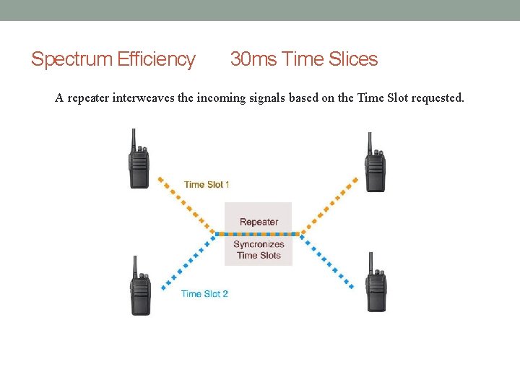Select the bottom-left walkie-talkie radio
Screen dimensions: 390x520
(141, 292)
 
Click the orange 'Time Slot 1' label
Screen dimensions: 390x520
(207, 185)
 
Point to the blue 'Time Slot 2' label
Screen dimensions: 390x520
(204, 294)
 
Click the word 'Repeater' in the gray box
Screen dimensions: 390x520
(259, 222)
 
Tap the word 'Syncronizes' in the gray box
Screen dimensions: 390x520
(259, 245)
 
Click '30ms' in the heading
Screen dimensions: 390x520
(253, 59)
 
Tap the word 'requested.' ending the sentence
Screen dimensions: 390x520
(438, 98)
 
